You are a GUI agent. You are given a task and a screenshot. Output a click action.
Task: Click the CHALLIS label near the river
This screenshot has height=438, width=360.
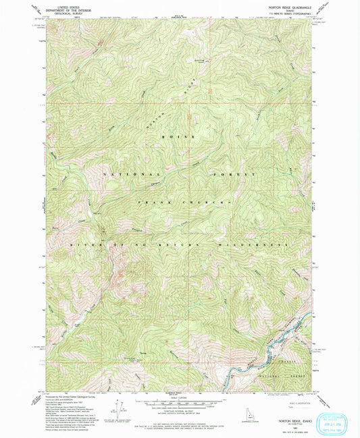click(292, 362)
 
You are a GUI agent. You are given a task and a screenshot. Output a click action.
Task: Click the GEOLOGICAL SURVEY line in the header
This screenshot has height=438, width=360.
click(59, 14)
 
